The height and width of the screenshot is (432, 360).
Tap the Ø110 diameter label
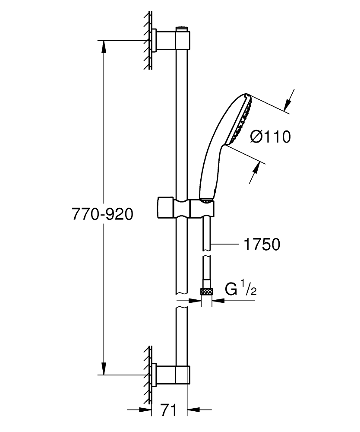[271, 137]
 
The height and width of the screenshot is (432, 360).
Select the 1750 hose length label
[262, 245]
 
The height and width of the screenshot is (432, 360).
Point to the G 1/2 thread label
[241, 289]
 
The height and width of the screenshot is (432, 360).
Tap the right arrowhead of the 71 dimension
[193, 410]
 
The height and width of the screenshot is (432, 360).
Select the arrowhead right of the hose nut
[217, 302]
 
